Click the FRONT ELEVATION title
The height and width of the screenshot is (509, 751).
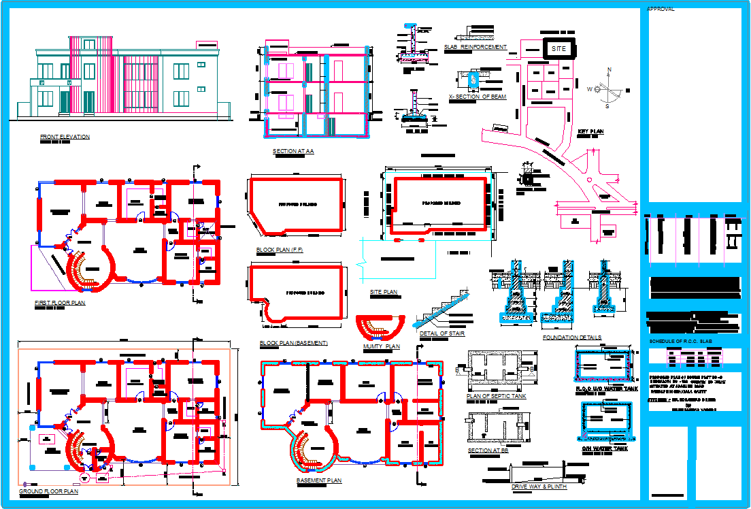click(65, 137)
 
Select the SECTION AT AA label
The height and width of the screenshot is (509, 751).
click(293, 151)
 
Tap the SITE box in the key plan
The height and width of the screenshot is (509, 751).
click(558, 49)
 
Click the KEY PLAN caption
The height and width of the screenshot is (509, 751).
click(591, 131)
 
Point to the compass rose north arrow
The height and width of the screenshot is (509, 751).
click(609, 71)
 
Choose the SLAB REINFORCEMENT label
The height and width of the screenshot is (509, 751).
click(475, 47)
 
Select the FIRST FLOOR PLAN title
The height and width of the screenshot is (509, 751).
click(60, 303)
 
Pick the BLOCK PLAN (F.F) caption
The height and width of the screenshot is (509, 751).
click(280, 250)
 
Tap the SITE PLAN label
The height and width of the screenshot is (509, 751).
click(384, 292)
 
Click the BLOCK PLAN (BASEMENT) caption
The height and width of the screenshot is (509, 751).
click(293, 343)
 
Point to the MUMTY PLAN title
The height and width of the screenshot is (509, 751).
click(382, 346)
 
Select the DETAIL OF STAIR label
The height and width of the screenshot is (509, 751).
click(442, 333)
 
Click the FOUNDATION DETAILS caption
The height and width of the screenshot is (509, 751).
click(572, 338)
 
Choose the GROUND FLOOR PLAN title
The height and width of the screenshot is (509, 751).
click(48, 491)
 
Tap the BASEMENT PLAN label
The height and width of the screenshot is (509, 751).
click(319, 480)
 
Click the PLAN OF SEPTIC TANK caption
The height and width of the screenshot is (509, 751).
click(497, 396)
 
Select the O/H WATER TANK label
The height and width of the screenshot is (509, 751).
click(605, 448)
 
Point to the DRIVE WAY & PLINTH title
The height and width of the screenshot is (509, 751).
click(538, 487)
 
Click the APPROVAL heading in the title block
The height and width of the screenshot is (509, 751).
click(661, 10)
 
